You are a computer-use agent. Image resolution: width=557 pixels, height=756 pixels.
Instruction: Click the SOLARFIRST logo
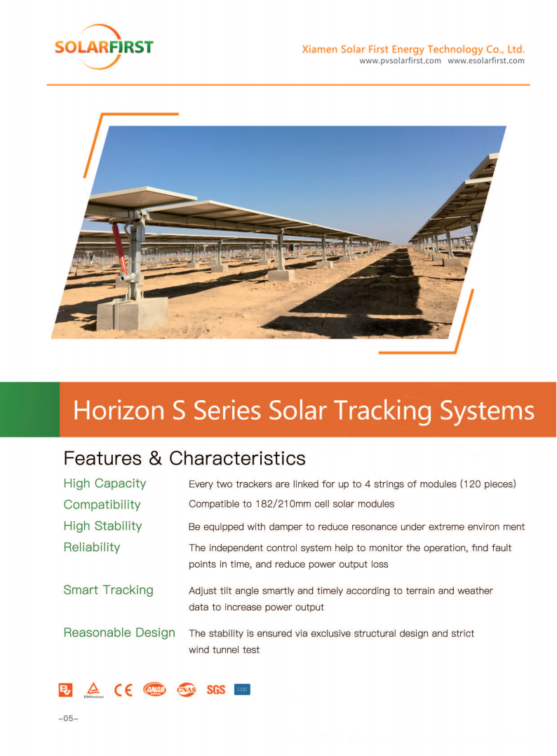click(104, 47)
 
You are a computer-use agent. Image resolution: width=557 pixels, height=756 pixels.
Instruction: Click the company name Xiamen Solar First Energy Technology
click(392, 49)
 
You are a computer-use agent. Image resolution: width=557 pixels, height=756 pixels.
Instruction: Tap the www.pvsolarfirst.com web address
click(400, 61)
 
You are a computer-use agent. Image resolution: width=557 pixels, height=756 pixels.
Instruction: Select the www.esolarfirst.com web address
click(485, 61)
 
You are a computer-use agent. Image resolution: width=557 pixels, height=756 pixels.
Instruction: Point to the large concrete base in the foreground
click(133, 314)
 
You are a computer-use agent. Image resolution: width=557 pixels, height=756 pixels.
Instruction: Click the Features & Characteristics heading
click(184, 458)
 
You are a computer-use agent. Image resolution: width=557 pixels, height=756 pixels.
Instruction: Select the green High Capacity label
click(105, 484)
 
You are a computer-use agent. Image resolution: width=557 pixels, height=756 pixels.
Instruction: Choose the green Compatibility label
click(102, 505)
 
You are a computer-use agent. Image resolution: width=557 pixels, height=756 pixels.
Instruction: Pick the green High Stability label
click(102, 526)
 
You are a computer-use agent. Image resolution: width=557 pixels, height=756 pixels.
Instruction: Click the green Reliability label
click(92, 548)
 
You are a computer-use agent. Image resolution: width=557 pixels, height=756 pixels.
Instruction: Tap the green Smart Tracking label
click(109, 590)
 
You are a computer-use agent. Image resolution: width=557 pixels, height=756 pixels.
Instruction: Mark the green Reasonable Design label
click(119, 632)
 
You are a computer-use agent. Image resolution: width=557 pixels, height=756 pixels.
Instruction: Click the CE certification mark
click(123, 690)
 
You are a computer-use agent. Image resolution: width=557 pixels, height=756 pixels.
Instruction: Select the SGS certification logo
click(216, 690)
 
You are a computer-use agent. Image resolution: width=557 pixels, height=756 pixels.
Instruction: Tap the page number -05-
click(68, 718)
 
